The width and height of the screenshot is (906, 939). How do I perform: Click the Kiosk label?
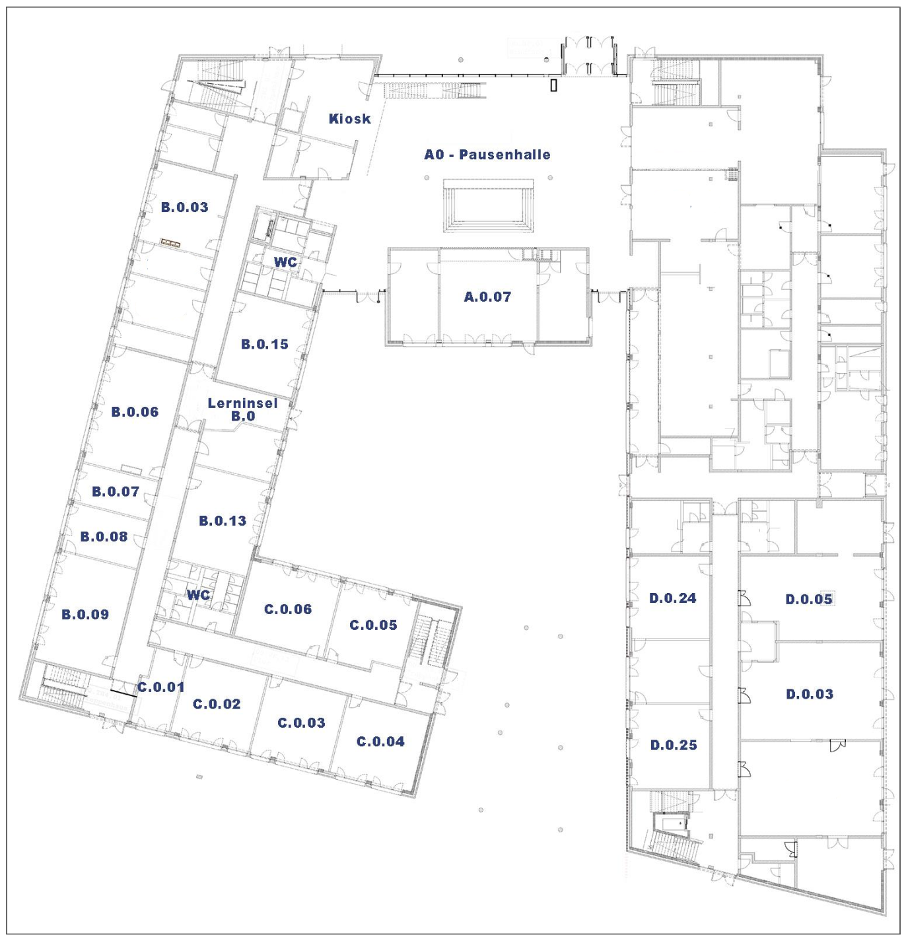pos(349,119)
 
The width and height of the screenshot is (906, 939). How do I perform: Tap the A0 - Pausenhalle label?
pos(487,155)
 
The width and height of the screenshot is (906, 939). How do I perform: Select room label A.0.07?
pos(487,296)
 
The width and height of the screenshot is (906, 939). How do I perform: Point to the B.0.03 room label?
pos(184,207)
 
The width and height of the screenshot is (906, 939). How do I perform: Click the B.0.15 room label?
pos(264,345)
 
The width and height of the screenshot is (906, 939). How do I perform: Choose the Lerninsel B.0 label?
pos(242,409)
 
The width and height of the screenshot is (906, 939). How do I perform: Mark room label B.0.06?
pos(135,412)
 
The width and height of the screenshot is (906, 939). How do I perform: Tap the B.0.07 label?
pos(116,492)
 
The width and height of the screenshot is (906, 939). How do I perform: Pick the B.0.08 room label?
pos(104,537)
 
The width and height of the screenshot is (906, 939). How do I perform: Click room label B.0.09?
pos(85,615)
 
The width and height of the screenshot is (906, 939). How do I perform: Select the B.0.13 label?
pos(223,521)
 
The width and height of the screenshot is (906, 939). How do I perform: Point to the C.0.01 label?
pos(160,687)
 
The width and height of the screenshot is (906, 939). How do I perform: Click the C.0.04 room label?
pos(380,742)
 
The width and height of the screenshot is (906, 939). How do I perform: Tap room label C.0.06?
pos(287,609)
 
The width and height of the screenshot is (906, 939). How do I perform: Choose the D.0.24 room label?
pos(672,598)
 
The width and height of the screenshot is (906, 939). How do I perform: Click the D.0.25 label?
pos(674,745)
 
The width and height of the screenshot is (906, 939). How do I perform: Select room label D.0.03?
pos(810,695)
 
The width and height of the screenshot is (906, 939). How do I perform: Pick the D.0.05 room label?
pos(809,600)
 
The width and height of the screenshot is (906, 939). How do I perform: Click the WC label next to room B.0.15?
pos(285,263)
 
